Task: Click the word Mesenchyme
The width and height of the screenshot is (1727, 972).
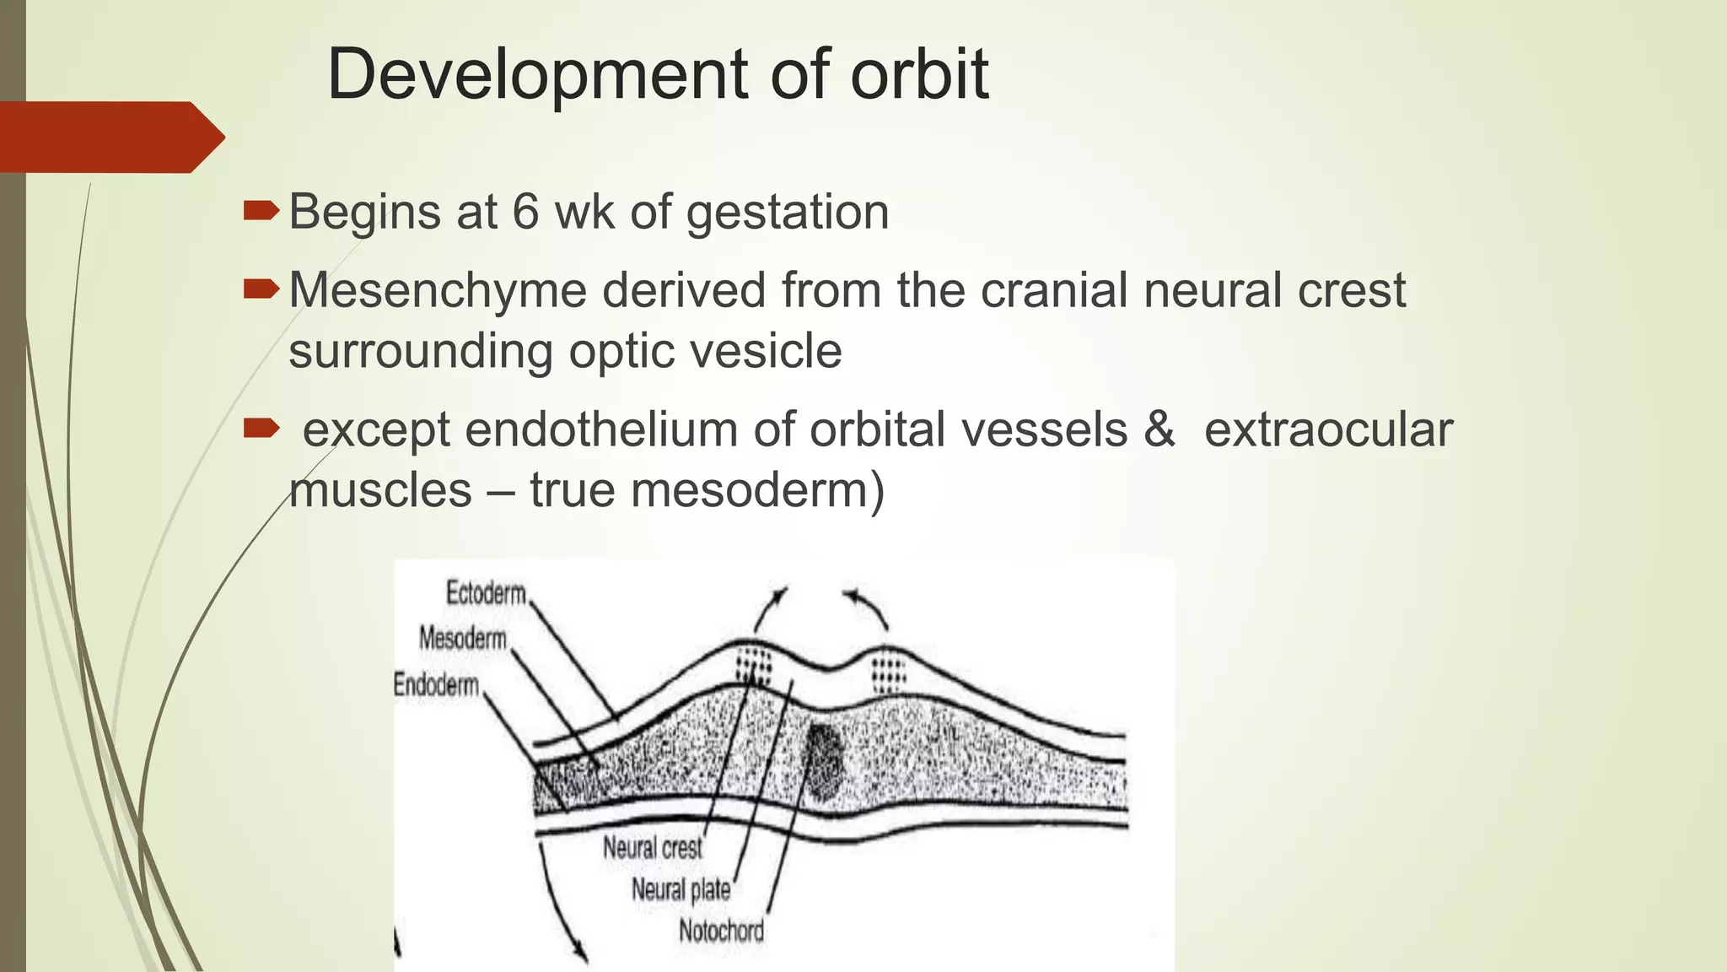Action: [x=437, y=290]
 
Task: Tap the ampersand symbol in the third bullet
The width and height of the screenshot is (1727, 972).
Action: [x=1159, y=429]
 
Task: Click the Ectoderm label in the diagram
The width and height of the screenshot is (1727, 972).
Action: [x=486, y=593]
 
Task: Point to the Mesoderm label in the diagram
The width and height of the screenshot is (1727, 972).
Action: [x=463, y=638]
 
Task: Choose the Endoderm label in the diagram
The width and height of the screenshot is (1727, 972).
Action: [x=436, y=684]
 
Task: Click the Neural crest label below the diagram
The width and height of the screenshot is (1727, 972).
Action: [x=652, y=847]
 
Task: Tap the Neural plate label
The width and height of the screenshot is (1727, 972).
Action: [x=681, y=888]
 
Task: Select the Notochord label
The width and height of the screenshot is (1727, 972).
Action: [x=721, y=931]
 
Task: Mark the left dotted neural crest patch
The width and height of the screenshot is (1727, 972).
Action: [x=754, y=667]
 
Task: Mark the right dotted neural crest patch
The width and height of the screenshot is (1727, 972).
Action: [x=887, y=674]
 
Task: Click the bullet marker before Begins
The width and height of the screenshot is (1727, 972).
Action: [x=261, y=211]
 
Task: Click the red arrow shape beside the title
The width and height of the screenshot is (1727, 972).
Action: [x=110, y=137]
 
